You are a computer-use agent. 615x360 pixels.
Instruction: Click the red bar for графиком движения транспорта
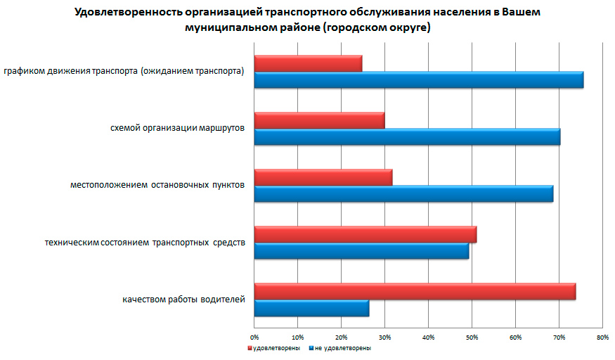308,63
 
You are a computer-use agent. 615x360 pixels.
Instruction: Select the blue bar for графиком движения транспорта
418,80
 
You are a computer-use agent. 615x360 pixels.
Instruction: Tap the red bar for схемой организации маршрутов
319,120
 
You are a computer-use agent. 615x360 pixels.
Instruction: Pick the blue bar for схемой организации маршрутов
407,137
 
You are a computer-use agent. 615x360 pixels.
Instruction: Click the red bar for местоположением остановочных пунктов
323,177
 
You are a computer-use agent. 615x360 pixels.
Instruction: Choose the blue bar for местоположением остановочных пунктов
403,193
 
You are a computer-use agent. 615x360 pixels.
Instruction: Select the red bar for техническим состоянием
365,234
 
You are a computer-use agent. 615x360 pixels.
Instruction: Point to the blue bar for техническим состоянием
361,250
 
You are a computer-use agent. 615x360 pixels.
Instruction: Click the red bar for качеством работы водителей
415,291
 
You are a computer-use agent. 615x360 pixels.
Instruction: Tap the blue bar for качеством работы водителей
311,307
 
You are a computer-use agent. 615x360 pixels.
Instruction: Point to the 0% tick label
254,338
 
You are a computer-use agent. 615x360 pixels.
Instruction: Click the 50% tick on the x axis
472,338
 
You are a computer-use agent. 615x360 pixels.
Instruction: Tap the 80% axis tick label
602,338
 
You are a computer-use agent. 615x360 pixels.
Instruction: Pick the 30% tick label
384,338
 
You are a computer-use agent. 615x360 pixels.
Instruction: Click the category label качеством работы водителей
183,300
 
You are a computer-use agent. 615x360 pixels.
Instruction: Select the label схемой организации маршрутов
178,129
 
